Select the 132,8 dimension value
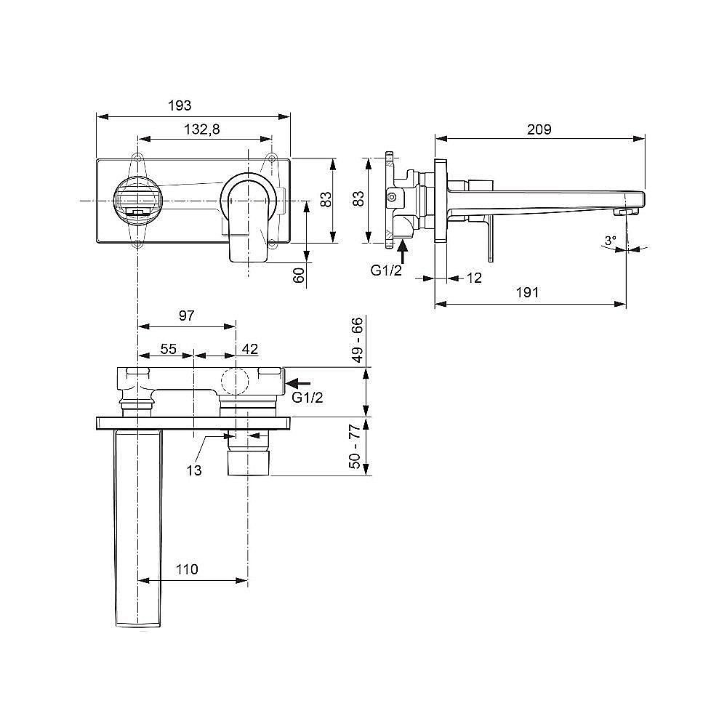(201, 129)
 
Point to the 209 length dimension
(539, 129)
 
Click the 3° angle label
(610, 240)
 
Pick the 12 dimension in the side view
(473, 278)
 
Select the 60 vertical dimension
(297, 276)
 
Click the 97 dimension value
(186, 316)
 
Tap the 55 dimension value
(168, 349)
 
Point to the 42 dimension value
(249, 349)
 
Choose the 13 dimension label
(193, 470)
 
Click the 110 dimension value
(187, 569)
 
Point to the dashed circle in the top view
(236, 381)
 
